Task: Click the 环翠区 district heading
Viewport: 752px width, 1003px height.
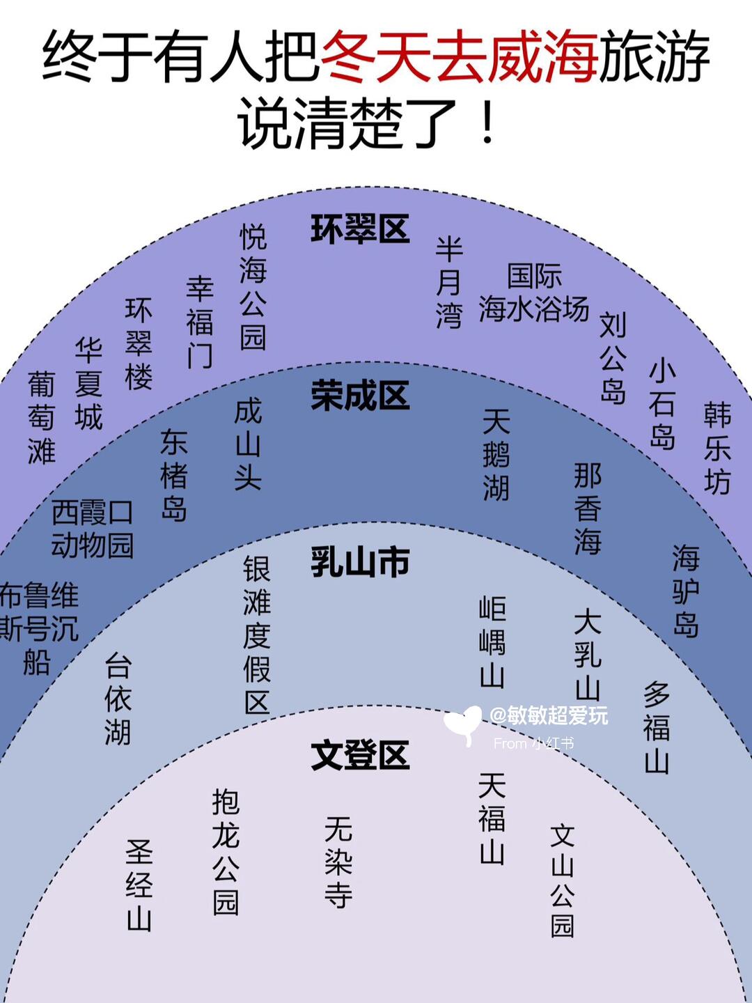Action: tap(359, 229)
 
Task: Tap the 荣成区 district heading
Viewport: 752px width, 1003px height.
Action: tap(359, 396)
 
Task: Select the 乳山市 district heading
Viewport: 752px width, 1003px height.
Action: tap(359, 562)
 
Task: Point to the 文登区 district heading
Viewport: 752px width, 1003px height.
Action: tap(359, 755)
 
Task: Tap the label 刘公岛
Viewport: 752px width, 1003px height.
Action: tap(613, 358)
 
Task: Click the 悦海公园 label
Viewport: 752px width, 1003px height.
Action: tap(253, 286)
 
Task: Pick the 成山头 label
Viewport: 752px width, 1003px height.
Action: tap(248, 444)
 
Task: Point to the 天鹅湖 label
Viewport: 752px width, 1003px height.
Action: tap(496, 455)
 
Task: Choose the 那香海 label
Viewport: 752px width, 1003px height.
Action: tap(588, 508)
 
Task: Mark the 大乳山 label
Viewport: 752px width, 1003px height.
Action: tap(588, 655)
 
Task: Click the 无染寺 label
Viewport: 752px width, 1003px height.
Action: tap(338, 862)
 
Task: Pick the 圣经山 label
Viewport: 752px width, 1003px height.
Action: tap(139, 885)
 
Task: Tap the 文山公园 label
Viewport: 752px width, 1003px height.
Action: tap(563, 880)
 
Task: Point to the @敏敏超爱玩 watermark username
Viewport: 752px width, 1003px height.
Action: tap(549, 715)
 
